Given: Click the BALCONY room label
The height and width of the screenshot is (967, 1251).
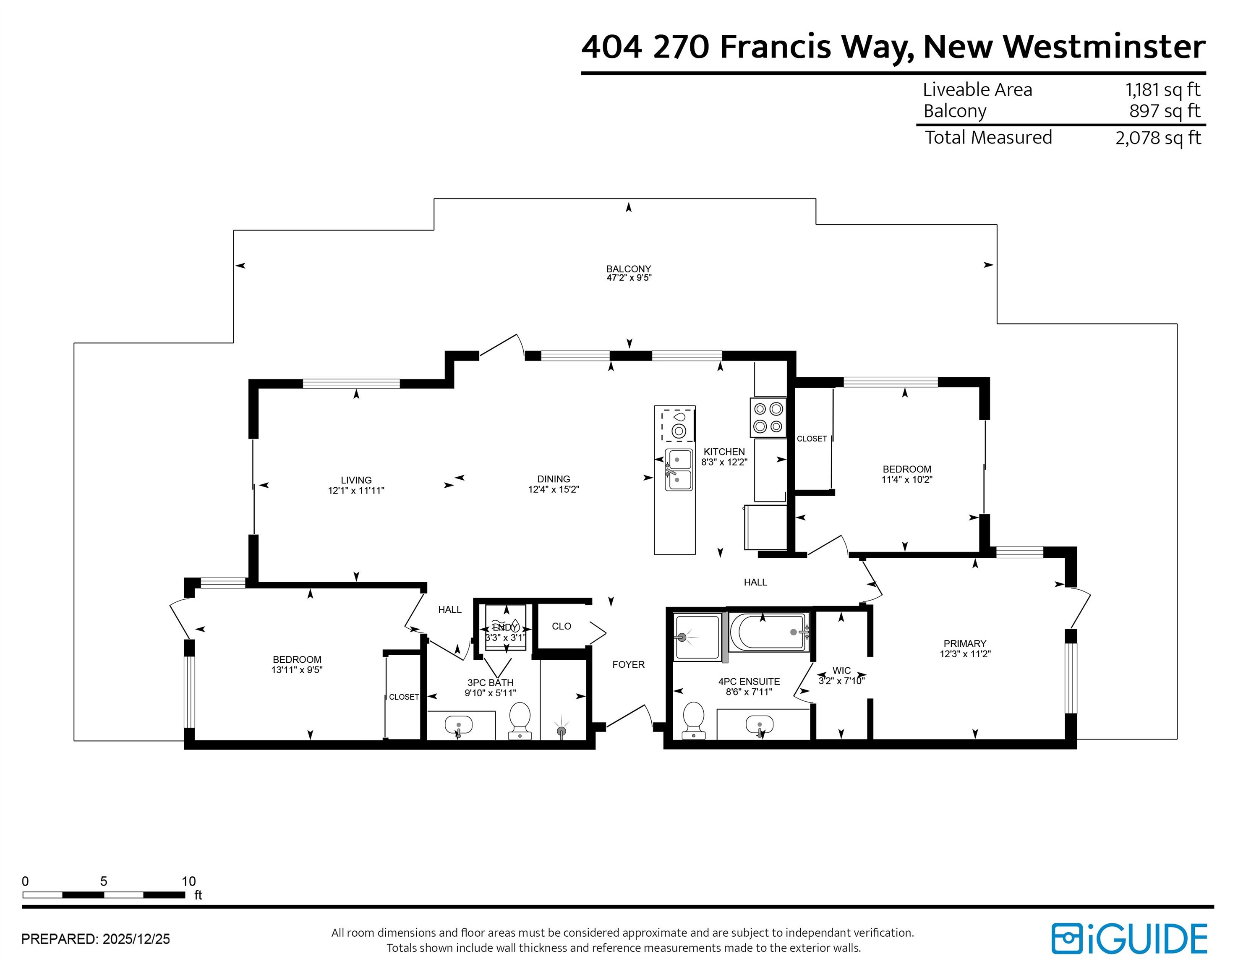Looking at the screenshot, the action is tap(628, 269).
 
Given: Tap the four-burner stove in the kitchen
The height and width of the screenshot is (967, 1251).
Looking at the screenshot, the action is tap(768, 418).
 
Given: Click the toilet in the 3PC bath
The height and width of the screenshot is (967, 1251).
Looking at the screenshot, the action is tap(520, 720).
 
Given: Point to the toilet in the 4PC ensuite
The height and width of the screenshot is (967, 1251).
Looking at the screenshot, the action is tap(694, 720).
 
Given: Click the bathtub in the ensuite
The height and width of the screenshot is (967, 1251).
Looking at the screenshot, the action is tap(769, 632).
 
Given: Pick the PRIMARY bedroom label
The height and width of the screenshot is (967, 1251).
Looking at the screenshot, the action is tap(965, 643).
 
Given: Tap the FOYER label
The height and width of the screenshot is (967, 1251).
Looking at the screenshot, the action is tap(628, 664).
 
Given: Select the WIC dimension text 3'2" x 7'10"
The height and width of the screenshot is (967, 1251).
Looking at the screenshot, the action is tap(841, 681).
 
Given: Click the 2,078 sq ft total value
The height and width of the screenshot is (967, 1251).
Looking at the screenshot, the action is tap(1158, 138).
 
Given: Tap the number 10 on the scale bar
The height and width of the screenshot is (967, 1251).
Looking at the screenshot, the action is tap(188, 881).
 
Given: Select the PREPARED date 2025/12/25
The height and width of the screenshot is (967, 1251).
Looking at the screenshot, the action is tap(136, 939).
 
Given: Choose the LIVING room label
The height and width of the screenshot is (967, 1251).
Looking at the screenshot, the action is tap(356, 480).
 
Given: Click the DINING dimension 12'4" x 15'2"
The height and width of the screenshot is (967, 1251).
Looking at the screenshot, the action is tap(554, 489).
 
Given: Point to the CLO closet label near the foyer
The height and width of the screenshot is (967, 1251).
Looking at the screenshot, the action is tap(562, 626).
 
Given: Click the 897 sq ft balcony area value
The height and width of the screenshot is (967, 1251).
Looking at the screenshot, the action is tap(1165, 111).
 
